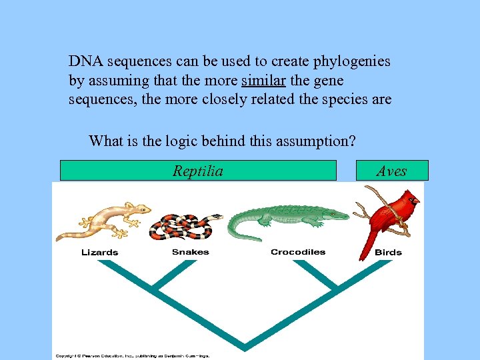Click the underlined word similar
[x=261, y=81]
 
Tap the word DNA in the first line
[x=85, y=61]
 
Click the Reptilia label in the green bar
[x=198, y=171]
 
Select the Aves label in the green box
[x=391, y=171]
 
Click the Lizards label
[x=99, y=252]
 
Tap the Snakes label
[x=190, y=252]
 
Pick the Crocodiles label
[x=298, y=252]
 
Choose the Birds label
[x=388, y=252]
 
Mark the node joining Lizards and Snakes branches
[x=155, y=289]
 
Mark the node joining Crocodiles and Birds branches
[x=335, y=289]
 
